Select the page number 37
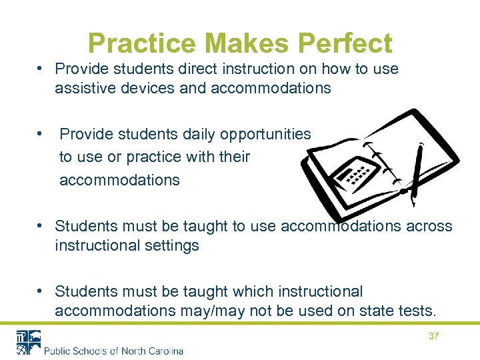pos(433,337)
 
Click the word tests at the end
pos(418,311)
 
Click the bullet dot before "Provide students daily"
pos(41,134)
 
